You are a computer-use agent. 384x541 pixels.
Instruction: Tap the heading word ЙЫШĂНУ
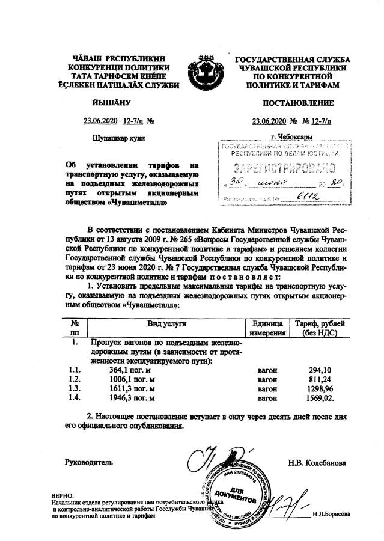109,103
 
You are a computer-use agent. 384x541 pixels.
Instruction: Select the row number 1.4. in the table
75,397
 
